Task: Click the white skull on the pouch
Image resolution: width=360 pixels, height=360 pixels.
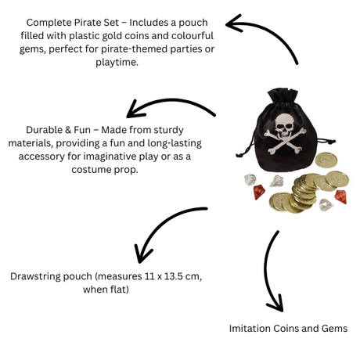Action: [x=284, y=126]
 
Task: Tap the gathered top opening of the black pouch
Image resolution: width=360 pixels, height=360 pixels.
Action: [x=283, y=95]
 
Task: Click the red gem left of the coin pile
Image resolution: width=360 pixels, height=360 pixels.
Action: [x=259, y=192]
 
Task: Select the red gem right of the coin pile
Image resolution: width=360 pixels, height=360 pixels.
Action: [x=340, y=196]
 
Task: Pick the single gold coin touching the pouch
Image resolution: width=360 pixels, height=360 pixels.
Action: [x=326, y=160]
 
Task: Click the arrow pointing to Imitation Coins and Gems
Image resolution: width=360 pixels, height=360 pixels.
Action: [x=267, y=272]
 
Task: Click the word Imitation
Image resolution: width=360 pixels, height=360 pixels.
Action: [x=250, y=328]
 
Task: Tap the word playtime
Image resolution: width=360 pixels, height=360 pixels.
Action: [x=117, y=63]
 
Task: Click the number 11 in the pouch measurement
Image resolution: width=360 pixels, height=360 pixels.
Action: [x=149, y=276]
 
